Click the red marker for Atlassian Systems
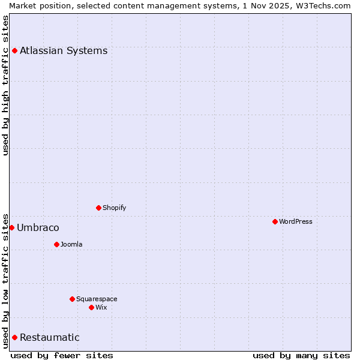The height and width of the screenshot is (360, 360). click(x=14, y=50)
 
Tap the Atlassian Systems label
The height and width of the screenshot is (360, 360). click(x=64, y=50)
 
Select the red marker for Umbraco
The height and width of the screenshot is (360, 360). click(x=11, y=227)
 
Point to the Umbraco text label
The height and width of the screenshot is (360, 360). click(x=38, y=227)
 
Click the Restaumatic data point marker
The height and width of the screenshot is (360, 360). click(x=14, y=337)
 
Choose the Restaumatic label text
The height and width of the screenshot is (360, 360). click(x=50, y=337)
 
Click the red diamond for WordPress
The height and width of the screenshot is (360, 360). click(x=275, y=221)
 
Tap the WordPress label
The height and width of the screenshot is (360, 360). click(x=296, y=221)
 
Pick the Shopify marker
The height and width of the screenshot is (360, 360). click(x=98, y=208)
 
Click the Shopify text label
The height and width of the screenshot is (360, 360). click(x=115, y=208)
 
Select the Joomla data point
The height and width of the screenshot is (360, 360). click(x=56, y=244)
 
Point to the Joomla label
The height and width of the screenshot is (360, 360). click(x=71, y=244)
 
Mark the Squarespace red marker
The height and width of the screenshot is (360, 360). click(x=72, y=299)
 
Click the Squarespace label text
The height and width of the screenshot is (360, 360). click(x=97, y=299)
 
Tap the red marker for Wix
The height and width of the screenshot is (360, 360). click(x=91, y=307)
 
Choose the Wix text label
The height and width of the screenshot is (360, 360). click(x=101, y=307)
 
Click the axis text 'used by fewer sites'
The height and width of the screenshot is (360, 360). click(x=62, y=355)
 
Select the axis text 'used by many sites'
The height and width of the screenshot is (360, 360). click(x=301, y=355)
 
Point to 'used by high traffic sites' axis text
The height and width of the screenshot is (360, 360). click(x=5, y=85)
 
